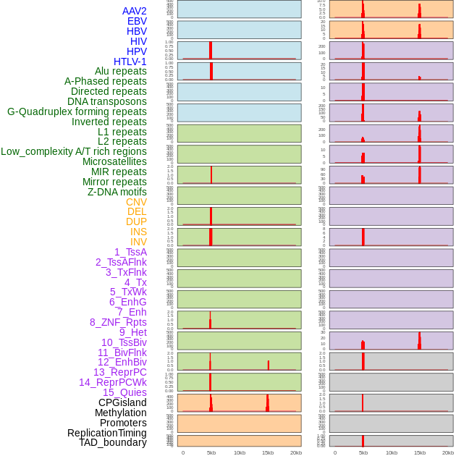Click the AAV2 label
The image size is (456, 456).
pyautogui.click(x=135, y=11)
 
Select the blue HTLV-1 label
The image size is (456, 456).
pyautogui.click(x=130, y=62)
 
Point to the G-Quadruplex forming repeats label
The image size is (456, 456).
pyautogui.click(x=77, y=111)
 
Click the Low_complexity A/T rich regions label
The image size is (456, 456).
pyautogui.click(x=74, y=151)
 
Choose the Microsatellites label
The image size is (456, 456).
pyautogui.click(x=114, y=161)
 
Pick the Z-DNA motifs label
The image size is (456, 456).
pyautogui.click(x=117, y=192)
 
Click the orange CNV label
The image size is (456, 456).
pyautogui.click(x=136, y=202)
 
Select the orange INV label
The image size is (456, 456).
pyautogui.click(x=138, y=242)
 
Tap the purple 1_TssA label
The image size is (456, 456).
pyautogui.click(x=130, y=252)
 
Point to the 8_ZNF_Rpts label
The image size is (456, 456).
pyautogui.click(x=118, y=322)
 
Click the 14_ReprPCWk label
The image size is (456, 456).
pyautogui.click(x=113, y=382)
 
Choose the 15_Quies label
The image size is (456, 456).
pyautogui.click(x=124, y=392)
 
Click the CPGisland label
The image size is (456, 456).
pyautogui.click(x=122, y=402)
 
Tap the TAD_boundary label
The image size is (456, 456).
pyautogui.click(x=113, y=442)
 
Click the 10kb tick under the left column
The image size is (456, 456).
pyautogui.click(x=240, y=452)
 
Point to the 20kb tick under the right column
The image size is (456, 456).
pyautogui.click(x=448, y=452)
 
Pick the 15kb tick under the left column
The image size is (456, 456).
pyautogui.click(x=268, y=452)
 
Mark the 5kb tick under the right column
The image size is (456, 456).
pyautogui.click(x=363, y=452)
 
